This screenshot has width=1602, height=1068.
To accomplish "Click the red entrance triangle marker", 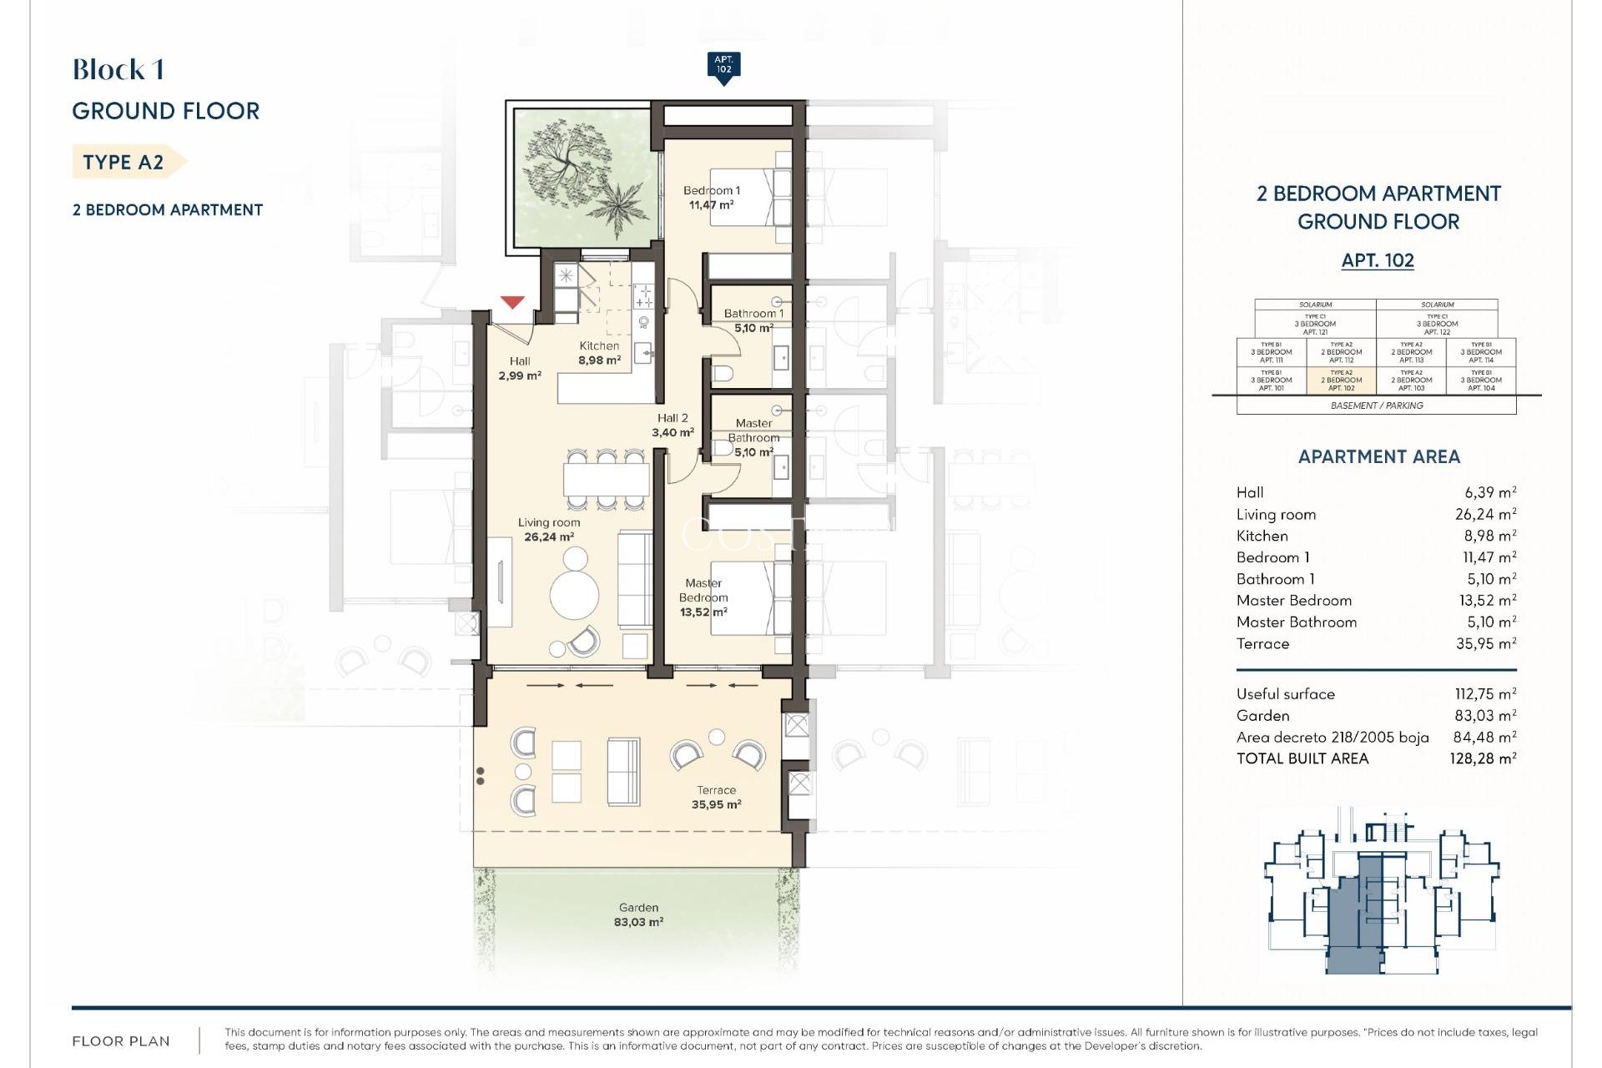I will point(512,302).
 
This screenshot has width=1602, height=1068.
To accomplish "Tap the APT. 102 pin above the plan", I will point(723,65).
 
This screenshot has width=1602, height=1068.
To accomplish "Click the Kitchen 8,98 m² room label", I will point(599,353).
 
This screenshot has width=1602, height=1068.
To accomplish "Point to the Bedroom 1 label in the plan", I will point(711,197).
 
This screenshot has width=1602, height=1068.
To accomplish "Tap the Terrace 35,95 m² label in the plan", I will point(716,797).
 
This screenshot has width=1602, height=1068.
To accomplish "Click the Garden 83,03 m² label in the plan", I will point(638,914).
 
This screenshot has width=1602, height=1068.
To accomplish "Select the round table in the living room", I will point(574,595).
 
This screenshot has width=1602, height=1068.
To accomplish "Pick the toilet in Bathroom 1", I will point(723,372).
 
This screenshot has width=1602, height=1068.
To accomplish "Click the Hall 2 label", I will point(673,425).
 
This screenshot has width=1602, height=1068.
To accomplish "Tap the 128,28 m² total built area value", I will point(1483,758).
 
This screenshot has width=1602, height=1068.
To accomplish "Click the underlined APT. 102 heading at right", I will point(1378,260).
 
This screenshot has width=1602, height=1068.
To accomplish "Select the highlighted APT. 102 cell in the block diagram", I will point(1341,380).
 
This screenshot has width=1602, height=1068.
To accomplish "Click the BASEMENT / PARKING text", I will point(1377,406).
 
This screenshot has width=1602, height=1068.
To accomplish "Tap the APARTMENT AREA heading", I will point(1378,456).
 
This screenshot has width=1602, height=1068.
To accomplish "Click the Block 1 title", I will point(118,70).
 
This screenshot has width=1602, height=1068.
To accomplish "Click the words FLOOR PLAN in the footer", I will point(121,1040).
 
